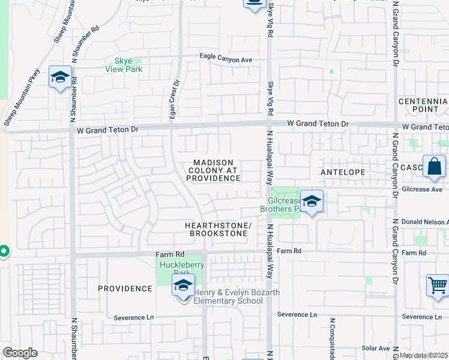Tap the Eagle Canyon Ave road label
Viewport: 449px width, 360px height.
226,59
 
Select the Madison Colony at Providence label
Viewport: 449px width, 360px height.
213,170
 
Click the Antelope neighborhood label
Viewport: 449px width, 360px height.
343,172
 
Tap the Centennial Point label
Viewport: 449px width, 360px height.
423,105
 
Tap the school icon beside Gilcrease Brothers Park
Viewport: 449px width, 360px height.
312,202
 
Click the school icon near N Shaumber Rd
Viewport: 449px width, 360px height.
61,77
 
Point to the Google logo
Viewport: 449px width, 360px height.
20,353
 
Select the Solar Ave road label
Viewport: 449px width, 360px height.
376,348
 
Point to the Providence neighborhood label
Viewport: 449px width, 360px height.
125,289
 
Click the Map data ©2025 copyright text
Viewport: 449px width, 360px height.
423,355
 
